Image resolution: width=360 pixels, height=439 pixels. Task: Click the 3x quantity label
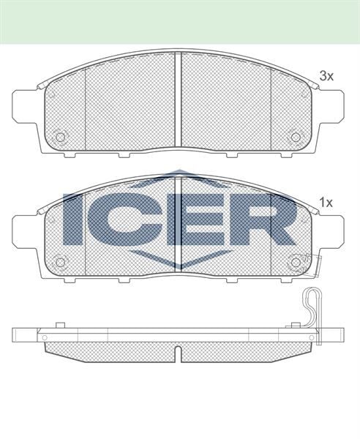pyautogui.click(x=326, y=75)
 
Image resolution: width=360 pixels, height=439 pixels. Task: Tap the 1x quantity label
pyautogui.click(x=326, y=202)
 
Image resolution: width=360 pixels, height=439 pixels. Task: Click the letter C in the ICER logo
pyautogui.click(x=127, y=219)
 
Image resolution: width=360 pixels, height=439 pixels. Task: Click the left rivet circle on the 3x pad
pyautogui.click(x=61, y=136)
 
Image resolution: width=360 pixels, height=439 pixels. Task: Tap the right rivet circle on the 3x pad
pyautogui.click(x=296, y=136)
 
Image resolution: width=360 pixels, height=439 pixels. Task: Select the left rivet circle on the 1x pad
pyautogui.click(x=61, y=262)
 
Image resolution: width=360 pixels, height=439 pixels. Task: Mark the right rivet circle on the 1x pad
pyautogui.click(x=296, y=262)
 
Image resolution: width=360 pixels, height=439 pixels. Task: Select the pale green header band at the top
pyautogui.click(x=180, y=21)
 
